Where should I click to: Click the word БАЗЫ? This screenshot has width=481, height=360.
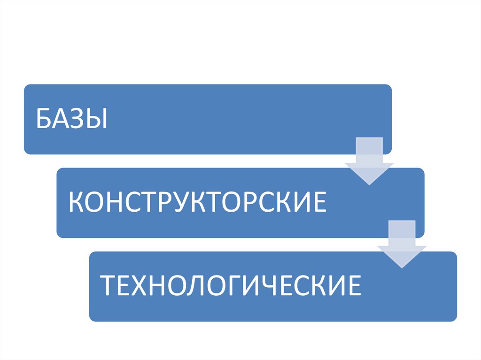72,120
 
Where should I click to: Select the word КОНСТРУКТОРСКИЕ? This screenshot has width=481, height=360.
197,203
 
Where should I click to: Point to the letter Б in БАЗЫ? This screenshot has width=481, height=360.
46,120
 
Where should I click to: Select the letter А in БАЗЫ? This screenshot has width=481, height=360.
62,120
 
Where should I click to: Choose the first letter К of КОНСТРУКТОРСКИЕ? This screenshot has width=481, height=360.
76,203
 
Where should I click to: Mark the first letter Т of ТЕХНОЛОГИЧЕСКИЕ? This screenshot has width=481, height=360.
109,286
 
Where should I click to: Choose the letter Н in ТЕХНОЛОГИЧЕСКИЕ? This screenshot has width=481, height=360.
161,286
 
